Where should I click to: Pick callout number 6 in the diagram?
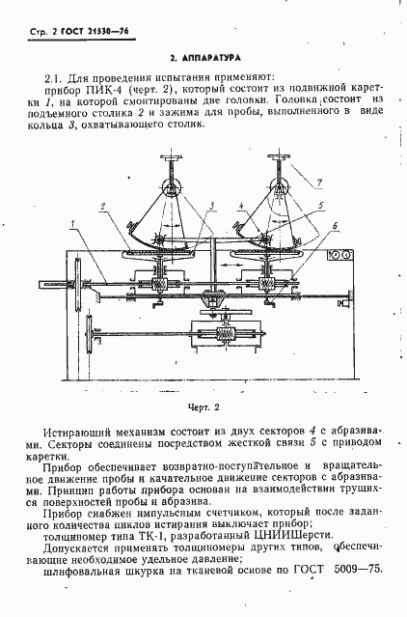coord(332,223)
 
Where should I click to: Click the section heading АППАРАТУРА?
coord(208,58)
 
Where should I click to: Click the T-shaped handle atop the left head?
coord(173,157)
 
